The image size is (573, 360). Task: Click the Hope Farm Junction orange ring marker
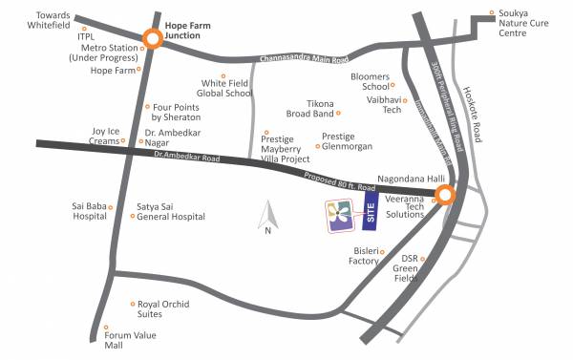click(152, 39)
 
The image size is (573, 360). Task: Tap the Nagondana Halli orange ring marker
click(445, 196)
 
